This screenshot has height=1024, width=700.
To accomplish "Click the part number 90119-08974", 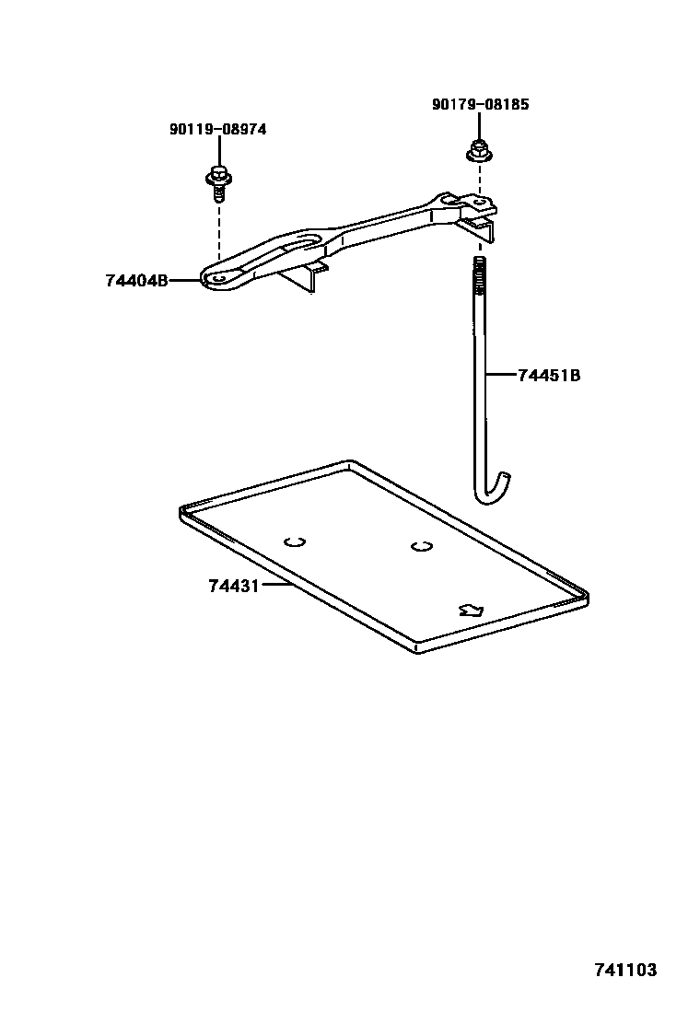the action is pos(217,130).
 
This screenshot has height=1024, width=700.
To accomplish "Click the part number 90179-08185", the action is pos(480,105).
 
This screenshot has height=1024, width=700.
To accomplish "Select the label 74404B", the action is pos(136,280).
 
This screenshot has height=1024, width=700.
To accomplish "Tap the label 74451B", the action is pos(549,375).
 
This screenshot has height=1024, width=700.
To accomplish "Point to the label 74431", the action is pos(233,585).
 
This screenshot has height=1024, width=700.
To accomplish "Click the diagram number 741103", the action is pos(624,970).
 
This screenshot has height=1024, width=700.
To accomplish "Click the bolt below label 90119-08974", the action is pos(217,180).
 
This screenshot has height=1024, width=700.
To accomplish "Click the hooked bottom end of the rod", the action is pos(494,490).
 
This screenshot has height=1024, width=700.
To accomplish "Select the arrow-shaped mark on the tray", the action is pos(471,609).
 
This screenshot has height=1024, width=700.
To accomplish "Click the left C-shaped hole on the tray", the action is pos(295,541).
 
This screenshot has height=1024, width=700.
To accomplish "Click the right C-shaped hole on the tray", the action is pos(421,546).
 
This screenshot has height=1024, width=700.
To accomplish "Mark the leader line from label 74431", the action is pos(276,585).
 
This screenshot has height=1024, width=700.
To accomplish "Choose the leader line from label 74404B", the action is pos(185,279).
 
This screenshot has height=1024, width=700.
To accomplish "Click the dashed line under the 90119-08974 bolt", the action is pos(218,230).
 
